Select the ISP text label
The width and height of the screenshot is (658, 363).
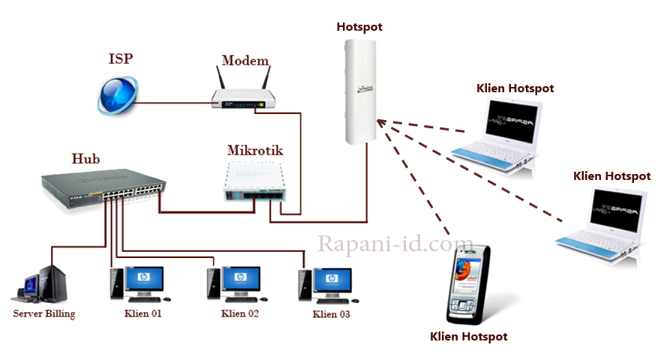tap(121, 58)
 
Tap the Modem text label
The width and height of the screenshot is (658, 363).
tap(245, 60)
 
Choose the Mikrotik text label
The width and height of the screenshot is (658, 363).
tap(254, 150)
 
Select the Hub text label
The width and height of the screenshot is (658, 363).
tap(86, 158)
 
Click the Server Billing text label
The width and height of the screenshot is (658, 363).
tap(44, 313)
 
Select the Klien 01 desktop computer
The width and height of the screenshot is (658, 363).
tap(132, 284)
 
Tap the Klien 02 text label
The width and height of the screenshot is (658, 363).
tap(240, 313)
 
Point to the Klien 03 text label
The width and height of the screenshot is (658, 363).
tap(331, 314)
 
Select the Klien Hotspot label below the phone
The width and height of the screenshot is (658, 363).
tap(468, 337)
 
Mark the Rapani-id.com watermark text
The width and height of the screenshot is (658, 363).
tap(395, 244)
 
